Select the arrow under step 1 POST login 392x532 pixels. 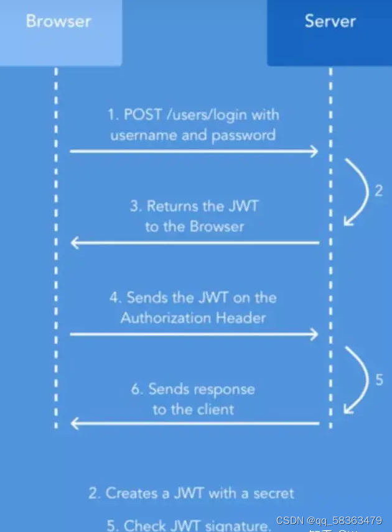click(194, 151)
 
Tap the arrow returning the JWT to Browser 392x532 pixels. click(194, 242)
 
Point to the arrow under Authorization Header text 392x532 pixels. click(194, 334)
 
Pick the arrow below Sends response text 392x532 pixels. click(194, 424)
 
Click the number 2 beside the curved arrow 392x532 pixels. click(378, 191)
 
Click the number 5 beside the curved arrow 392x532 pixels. click(379, 379)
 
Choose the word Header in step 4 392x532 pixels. click(241, 318)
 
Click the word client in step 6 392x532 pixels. click(215, 409)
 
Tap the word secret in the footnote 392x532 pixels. click(272, 493)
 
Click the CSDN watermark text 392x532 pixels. click(329, 520)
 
